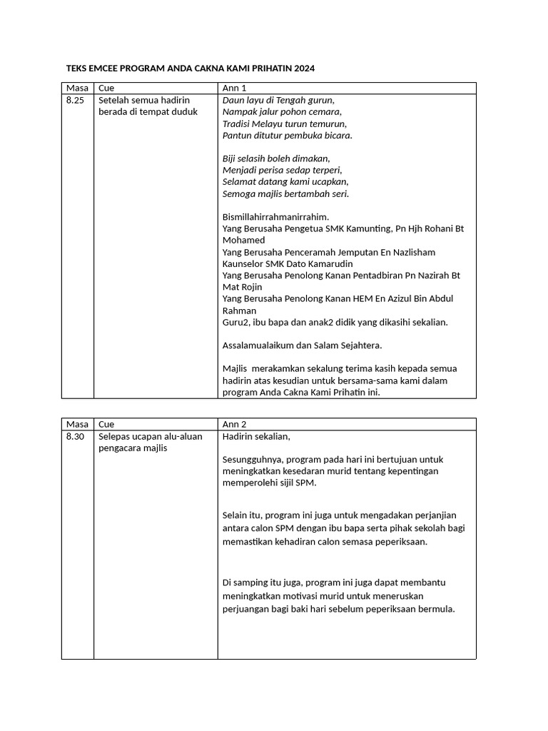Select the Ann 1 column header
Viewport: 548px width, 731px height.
point(234,89)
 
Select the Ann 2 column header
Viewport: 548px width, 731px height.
point(234,424)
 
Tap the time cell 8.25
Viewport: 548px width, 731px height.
point(75,101)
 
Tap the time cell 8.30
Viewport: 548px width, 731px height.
point(75,436)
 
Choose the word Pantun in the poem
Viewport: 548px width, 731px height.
point(237,135)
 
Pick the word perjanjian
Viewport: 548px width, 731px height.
point(431,515)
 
